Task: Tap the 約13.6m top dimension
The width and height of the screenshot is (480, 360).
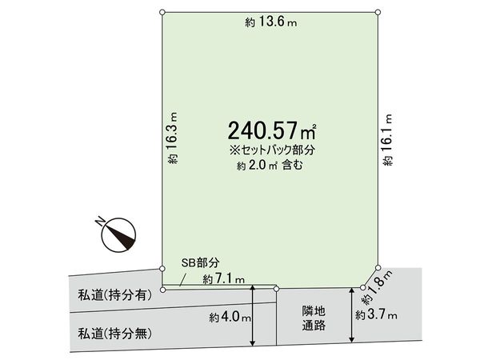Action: [x=270, y=23]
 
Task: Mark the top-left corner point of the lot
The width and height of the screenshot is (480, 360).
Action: [x=162, y=13]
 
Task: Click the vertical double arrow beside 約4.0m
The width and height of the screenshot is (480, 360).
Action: [x=253, y=318]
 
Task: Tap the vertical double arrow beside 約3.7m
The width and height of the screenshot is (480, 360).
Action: [x=350, y=317]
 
